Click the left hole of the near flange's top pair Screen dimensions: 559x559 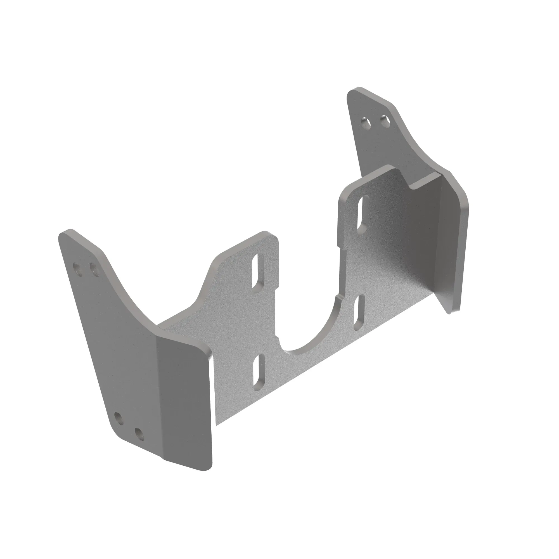(x=78, y=266)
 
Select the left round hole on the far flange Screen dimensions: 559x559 (x=366, y=123)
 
